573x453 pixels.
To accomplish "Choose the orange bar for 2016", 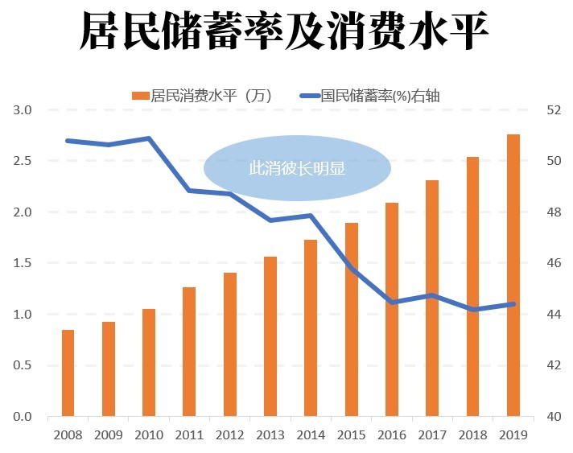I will point(392,309).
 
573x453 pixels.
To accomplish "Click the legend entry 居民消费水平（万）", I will point(202,96).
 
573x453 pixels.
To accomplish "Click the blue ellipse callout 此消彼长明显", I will point(297,168).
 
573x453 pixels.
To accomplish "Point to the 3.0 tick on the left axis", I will point(23,110).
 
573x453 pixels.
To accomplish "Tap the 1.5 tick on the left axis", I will point(23,263).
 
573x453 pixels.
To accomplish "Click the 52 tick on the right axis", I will point(553,110).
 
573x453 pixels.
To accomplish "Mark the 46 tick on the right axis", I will point(553,263).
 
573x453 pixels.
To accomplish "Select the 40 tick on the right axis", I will point(553,417).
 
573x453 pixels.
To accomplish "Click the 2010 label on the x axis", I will point(149,434).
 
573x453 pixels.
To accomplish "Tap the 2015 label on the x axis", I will point(352,434).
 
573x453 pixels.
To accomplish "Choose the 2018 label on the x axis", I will point(473,434).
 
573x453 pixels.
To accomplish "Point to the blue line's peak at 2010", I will point(149,138).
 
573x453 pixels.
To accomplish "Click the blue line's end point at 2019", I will point(513,304).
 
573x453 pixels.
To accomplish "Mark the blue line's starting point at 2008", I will point(68,141).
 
